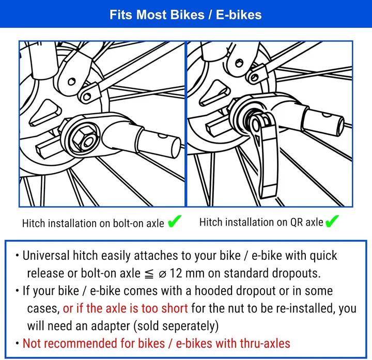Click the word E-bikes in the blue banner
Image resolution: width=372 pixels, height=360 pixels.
[239, 14]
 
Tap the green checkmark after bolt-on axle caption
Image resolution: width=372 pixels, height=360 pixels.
[175, 221]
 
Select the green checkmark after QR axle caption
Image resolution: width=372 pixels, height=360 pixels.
[332, 221]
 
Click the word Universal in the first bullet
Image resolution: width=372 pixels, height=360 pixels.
[46, 256]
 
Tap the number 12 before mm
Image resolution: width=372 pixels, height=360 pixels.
[176, 273]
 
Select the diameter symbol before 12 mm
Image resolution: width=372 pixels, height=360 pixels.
[162, 274]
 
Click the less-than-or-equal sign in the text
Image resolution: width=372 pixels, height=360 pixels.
[149, 274]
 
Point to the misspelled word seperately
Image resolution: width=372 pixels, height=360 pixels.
[176, 326]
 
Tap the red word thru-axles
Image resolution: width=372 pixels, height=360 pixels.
[265, 343]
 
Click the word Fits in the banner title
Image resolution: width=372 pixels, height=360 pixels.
[121, 14]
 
